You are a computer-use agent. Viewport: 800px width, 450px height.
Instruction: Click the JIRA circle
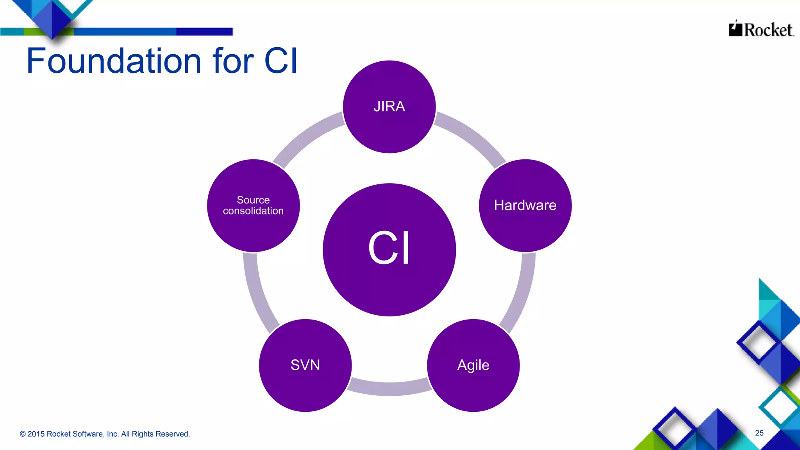389,107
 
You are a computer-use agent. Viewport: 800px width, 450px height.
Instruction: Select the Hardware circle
525,205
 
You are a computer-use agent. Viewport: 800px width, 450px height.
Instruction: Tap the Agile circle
473,365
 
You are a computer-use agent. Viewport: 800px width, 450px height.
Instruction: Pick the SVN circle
305,365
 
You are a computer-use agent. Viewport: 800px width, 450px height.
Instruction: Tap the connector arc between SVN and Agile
389,388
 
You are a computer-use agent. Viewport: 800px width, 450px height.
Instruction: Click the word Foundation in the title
114,61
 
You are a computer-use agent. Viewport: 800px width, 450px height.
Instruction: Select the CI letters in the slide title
281,61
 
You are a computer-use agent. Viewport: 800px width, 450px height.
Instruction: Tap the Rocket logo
761,30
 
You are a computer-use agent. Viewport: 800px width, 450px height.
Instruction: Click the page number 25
759,433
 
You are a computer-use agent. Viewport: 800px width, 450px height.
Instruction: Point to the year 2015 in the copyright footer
36,434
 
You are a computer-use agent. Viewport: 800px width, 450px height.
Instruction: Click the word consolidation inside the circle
253,211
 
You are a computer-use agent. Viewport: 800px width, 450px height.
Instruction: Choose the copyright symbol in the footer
23,434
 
